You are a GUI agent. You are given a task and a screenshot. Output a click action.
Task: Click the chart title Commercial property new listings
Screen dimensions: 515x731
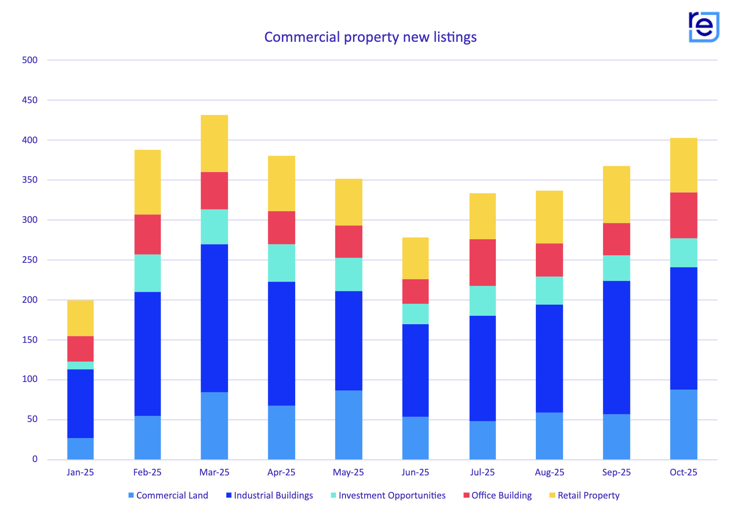click(x=370, y=37)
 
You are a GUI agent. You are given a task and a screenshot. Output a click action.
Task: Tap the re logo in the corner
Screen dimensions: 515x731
click(x=703, y=27)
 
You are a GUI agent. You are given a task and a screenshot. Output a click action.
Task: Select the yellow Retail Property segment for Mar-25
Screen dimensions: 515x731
click(x=214, y=144)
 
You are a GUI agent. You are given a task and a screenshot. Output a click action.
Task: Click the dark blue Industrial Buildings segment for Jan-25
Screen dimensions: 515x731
click(x=80, y=403)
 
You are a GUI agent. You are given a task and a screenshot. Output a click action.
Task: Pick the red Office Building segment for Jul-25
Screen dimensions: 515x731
click(x=482, y=262)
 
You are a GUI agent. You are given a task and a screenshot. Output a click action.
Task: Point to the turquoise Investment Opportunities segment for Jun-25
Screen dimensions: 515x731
click(x=415, y=314)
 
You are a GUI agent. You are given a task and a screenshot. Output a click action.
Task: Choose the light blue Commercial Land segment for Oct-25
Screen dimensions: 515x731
click(x=683, y=424)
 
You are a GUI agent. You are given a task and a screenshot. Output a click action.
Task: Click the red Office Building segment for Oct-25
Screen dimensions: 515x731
click(x=683, y=215)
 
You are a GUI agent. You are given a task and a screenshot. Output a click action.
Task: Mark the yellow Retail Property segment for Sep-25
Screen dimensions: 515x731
click(x=616, y=194)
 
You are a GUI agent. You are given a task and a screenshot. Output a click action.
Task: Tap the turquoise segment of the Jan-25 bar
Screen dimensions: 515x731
click(x=80, y=365)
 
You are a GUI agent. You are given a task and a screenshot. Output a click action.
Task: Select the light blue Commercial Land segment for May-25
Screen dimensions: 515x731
click(x=349, y=425)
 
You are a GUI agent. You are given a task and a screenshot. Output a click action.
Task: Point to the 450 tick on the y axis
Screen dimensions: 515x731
click(x=30, y=100)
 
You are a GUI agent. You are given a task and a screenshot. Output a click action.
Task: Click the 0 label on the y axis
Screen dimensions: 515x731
click(x=35, y=459)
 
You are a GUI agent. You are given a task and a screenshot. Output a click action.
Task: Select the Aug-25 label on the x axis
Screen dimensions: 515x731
click(x=550, y=472)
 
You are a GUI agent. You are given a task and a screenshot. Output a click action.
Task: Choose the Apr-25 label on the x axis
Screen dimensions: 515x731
click(x=281, y=472)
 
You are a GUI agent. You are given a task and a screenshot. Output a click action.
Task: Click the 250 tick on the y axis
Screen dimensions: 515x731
click(x=30, y=260)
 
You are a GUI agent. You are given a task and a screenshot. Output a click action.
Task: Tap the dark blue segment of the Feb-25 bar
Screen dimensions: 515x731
click(x=148, y=354)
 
